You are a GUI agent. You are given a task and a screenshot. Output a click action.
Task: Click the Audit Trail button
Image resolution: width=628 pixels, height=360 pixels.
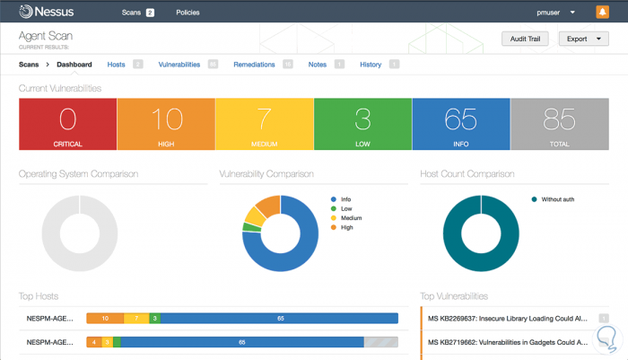[x=526, y=39]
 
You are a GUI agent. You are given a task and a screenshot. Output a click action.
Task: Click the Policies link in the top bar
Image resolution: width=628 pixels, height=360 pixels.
[x=188, y=13]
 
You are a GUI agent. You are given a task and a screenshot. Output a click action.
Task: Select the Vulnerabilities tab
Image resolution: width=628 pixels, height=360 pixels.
[x=179, y=65]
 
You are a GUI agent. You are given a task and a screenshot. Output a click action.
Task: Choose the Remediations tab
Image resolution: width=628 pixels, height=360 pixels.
[x=254, y=65]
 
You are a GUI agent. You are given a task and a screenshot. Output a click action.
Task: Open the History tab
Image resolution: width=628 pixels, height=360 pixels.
[x=371, y=65]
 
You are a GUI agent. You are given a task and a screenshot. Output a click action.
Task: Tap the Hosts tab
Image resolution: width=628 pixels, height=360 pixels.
[x=117, y=65]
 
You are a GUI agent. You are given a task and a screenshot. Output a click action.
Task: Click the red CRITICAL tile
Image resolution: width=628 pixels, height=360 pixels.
[x=68, y=124]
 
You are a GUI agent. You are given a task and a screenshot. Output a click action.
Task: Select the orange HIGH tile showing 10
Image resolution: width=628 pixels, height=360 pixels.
[x=166, y=124]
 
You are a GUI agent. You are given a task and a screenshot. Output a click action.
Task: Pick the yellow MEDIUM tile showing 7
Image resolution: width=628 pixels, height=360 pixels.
[x=265, y=124]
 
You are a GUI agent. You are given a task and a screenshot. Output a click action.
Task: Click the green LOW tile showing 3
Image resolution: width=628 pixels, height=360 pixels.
[x=362, y=124]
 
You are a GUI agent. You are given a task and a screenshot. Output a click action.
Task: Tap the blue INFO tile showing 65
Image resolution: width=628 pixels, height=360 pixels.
[x=461, y=124]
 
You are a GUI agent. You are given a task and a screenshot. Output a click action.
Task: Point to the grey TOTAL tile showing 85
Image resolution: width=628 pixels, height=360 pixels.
[x=560, y=124]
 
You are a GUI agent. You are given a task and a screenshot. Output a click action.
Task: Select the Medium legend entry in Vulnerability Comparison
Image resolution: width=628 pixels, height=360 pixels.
[x=352, y=218]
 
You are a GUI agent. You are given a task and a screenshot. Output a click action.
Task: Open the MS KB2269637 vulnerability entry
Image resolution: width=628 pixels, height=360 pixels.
[x=508, y=318]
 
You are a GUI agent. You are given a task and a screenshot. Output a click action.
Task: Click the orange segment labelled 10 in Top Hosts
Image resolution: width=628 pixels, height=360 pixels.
[x=105, y=318]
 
